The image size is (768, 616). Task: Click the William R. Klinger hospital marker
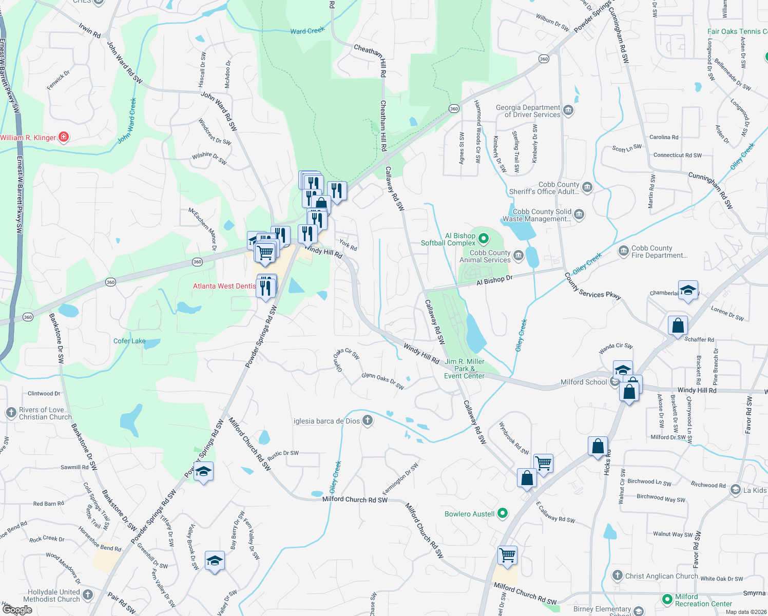[64, 137]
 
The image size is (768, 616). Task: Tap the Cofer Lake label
[129, 341]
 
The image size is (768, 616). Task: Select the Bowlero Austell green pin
[503, 513]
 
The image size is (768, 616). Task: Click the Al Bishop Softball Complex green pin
[483, 239]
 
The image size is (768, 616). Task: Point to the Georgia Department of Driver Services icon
[568, 110]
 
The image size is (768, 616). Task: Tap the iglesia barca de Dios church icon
[367, 420]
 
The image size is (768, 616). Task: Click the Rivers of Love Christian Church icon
[11, 413]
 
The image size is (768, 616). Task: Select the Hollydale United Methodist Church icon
[88, 595]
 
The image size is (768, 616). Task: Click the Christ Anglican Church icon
[618, 575]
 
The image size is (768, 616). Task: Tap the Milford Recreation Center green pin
[667, 599]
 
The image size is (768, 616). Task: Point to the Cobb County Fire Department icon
[624, 251]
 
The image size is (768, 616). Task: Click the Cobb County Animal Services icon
[518, 256]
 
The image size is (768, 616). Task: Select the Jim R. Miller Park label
[464, 369]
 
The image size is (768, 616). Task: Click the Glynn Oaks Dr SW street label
[382, 380]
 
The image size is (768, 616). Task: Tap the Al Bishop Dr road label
[494, 281]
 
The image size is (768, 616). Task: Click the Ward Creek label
[307, 31]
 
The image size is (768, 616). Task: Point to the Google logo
[17, 610]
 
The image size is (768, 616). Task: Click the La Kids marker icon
[736, 490]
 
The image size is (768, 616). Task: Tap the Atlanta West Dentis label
[224, 286]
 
